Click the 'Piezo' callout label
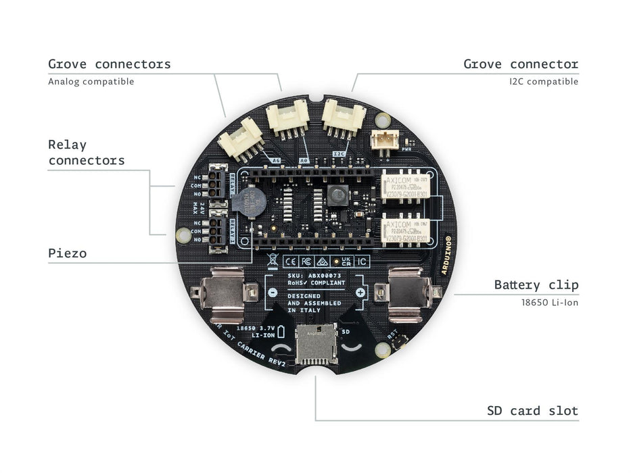(67, 253)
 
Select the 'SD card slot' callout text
(532, 411)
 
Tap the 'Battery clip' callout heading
(536, 284)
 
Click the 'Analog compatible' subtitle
(91, 82)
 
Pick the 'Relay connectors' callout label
(86, 152)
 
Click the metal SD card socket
(317, 343)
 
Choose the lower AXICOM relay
(407, 230)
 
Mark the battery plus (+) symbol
(360, 293)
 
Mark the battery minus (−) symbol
(272, 293)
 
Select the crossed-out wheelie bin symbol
(272, 259)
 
